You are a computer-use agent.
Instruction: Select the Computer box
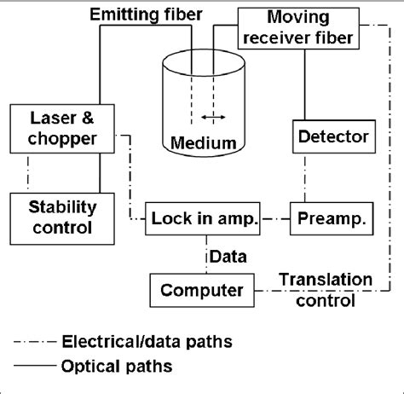point(201,289)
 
